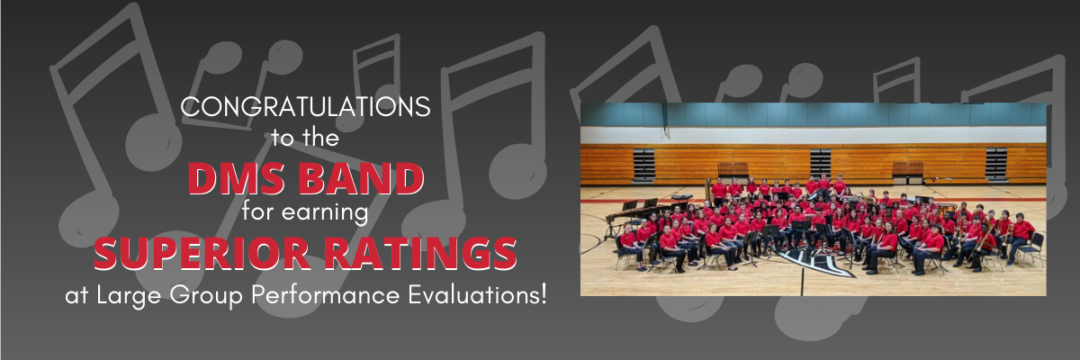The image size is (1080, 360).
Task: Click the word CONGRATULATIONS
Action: tap(305, 106)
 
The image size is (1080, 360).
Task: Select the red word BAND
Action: tap(361, 179)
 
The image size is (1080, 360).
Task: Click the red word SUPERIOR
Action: tap(202, 254)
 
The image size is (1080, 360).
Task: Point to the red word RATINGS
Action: tap(420, 254)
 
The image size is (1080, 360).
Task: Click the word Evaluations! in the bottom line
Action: tap(477, 294)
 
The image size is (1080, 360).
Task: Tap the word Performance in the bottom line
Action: tap(326, 294)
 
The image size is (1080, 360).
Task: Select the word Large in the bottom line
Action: tap(129, 296)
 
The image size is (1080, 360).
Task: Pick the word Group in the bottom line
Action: tap(206, 296)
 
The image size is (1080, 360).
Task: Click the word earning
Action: tap(325, 212)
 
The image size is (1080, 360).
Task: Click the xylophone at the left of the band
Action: tap(626, 213)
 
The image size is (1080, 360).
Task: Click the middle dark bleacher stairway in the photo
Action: tap(820, 164)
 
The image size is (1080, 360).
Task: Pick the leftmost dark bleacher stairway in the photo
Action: tap(643, 165)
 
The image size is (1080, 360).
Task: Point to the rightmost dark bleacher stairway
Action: tap(996, 165)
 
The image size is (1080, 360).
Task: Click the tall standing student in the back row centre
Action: tap(840, 184)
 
